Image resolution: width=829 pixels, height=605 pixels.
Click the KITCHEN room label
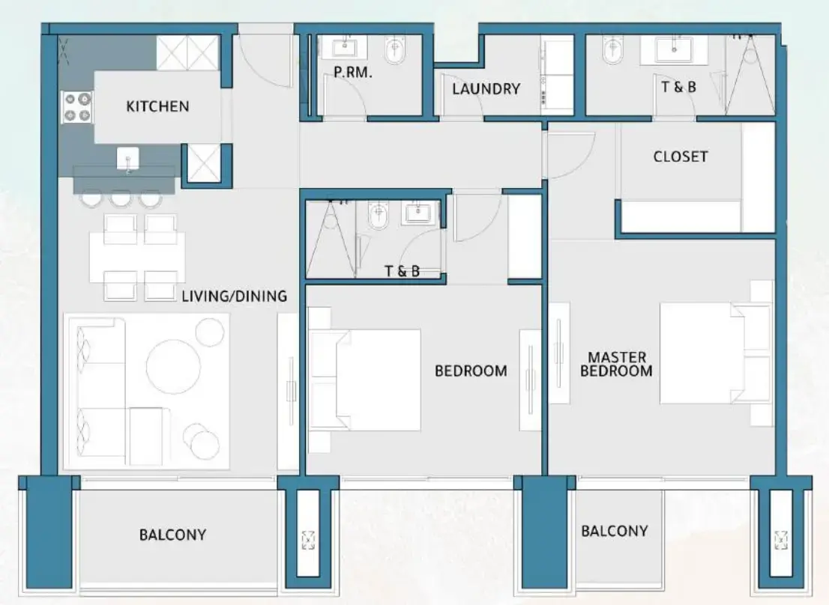click(157, 106)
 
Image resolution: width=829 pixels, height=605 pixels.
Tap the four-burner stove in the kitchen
click(76, 106)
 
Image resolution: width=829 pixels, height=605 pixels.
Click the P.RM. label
click(353, 73)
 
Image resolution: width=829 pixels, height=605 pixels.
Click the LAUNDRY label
click(486, 89)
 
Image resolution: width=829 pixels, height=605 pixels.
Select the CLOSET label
click(680, 156)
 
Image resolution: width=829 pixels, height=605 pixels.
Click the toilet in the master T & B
click(613, 51)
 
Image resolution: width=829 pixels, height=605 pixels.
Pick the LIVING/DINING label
click(234, 297)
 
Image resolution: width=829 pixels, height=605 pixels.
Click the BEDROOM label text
click(471, 371)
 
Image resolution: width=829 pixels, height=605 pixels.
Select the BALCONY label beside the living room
click(172, 535)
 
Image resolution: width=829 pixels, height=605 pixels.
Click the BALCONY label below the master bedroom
click(614, 531)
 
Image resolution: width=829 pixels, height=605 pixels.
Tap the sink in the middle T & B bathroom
click(415, 213)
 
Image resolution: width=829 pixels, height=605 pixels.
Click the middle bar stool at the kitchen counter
click(119, 199)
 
